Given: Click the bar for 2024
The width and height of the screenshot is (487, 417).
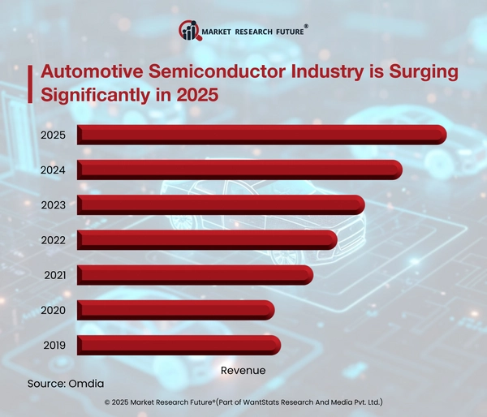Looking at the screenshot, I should tap(239, 170).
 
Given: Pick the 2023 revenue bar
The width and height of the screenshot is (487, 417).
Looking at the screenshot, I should tap(221, 204).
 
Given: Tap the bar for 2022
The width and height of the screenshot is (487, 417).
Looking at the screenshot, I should tap(207, 239).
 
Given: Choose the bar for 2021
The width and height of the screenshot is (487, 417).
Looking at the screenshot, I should tap(195, 274).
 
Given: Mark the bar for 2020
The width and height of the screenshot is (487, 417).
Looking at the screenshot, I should tap(175, 309).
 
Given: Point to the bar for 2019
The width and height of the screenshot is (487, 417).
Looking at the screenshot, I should tap(179, 344).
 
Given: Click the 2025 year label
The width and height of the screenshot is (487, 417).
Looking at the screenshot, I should tap(53, 135).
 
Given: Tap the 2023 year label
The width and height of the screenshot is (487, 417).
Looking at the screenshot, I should tap(53, 204).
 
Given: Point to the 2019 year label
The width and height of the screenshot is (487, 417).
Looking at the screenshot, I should tap(54, 344).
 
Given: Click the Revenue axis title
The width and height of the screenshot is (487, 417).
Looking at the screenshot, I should tap(243, 370).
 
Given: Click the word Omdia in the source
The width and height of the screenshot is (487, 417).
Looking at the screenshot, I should tap(87, 382).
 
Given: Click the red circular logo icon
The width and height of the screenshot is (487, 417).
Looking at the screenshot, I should tap(188, 32).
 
